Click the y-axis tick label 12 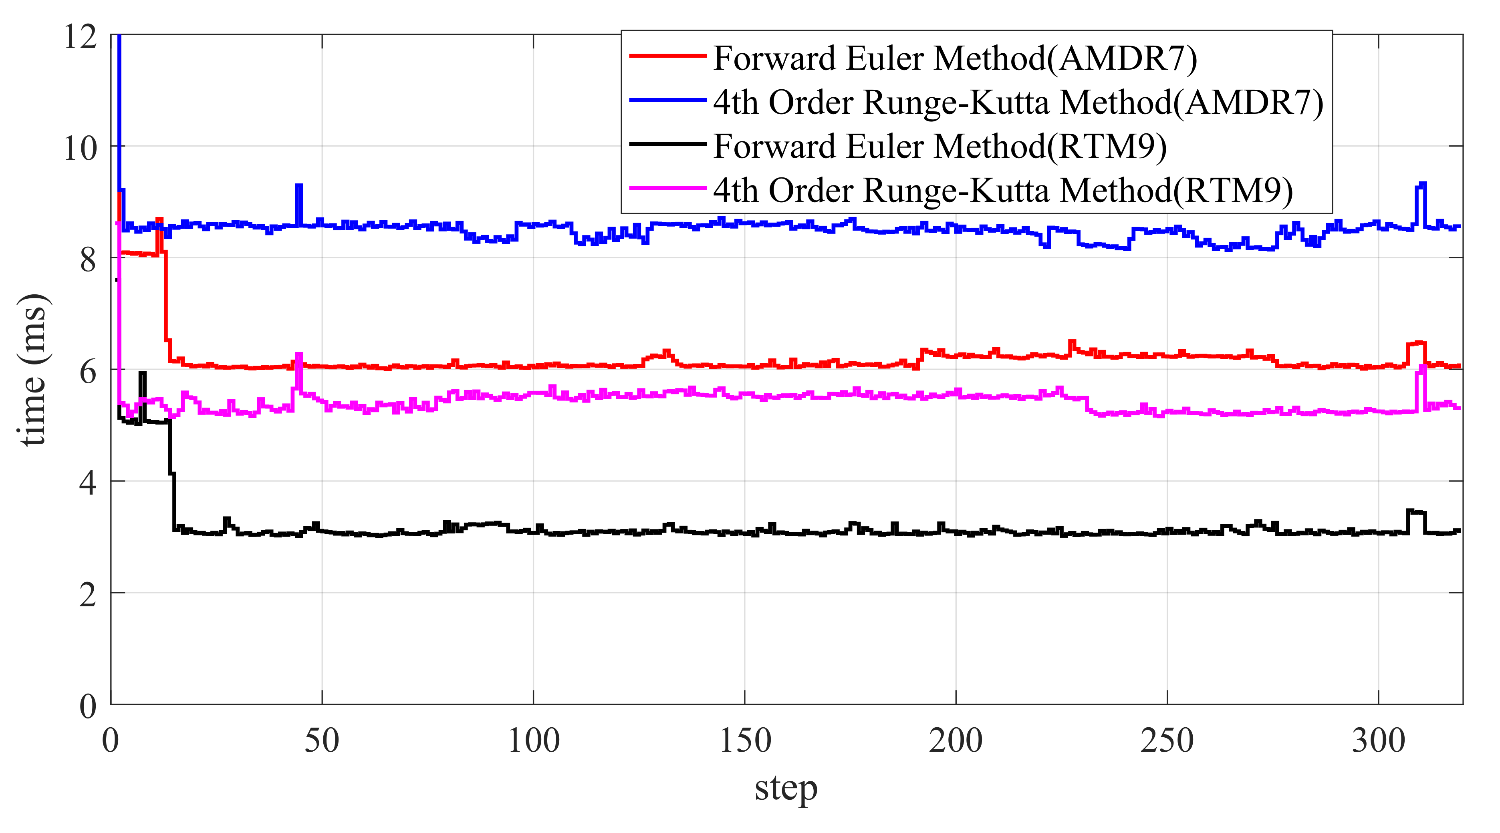pos(81,37)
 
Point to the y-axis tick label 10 pos(81,149)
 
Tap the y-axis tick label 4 pos(87,483)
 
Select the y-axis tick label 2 pos(87,595)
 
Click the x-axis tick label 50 pos(321,741)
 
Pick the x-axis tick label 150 pos(745,741)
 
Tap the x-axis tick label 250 pos(1167,741)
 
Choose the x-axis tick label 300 pos(1378,741)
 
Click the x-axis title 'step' pos(786,789)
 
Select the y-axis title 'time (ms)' pos(34,370)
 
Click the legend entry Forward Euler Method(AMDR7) pos(955,58)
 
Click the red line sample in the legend pos(668,56)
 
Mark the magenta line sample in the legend pos(668,188)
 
